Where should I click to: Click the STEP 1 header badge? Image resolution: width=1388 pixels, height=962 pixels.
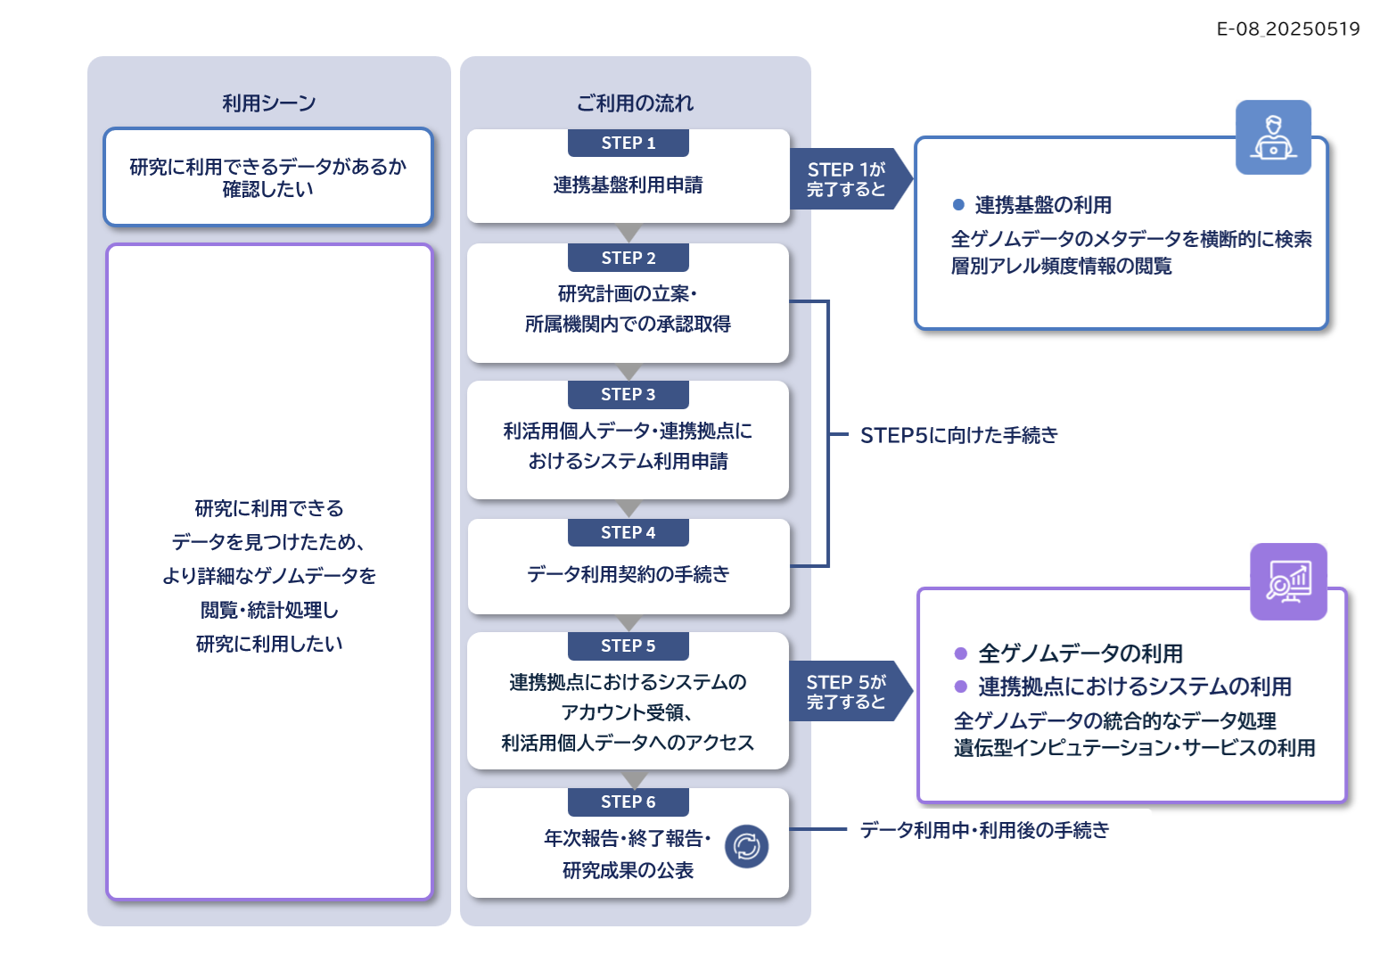point(628,143)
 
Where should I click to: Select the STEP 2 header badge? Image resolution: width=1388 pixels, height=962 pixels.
point(628,258)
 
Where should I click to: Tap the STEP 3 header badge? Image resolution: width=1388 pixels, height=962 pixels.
point(628,394)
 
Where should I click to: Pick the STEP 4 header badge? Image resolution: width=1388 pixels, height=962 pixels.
point(628,532)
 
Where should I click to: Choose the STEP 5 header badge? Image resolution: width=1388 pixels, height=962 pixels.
point(628,645)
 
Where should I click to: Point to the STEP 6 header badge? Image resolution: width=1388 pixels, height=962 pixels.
point(628,802)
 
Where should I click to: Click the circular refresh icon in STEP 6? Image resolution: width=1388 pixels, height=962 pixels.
point(747,846)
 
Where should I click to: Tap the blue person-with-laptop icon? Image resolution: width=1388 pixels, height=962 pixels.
point(1273,137)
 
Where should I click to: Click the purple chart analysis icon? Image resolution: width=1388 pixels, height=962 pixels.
point(1288,581)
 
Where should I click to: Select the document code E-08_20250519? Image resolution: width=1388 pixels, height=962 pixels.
point(1287,29)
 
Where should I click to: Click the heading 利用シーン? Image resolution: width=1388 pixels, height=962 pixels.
point(269,103)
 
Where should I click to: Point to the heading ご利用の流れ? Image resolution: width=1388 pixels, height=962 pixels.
point(635,103)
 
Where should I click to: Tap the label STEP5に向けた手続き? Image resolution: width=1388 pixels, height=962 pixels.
point(958,435)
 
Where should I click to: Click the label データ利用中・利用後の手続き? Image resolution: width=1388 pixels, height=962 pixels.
point(984,829)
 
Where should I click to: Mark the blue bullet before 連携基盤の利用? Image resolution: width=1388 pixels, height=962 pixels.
point(958,204)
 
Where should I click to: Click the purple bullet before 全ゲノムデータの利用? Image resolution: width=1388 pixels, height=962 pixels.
point(961,654)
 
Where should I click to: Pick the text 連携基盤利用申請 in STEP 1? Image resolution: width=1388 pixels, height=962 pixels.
point(628,185)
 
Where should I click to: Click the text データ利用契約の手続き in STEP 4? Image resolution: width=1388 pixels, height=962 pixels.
point(628,574)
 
